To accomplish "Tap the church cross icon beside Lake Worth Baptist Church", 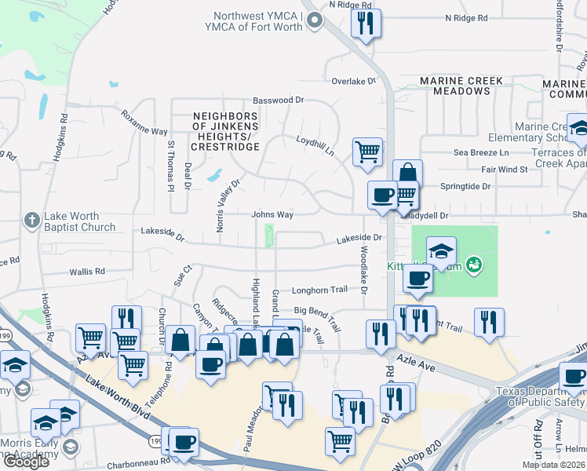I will [31, 220].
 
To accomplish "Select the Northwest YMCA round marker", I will [315, 21].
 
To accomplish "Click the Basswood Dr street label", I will [278, 100].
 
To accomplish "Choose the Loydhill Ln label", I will [315, 143].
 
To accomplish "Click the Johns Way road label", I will [272, 214].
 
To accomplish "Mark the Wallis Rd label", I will [87, 272].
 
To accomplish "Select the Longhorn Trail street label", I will [319, 290].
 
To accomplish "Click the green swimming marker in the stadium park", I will [473, 265].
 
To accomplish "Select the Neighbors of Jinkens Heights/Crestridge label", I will [225, 131].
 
